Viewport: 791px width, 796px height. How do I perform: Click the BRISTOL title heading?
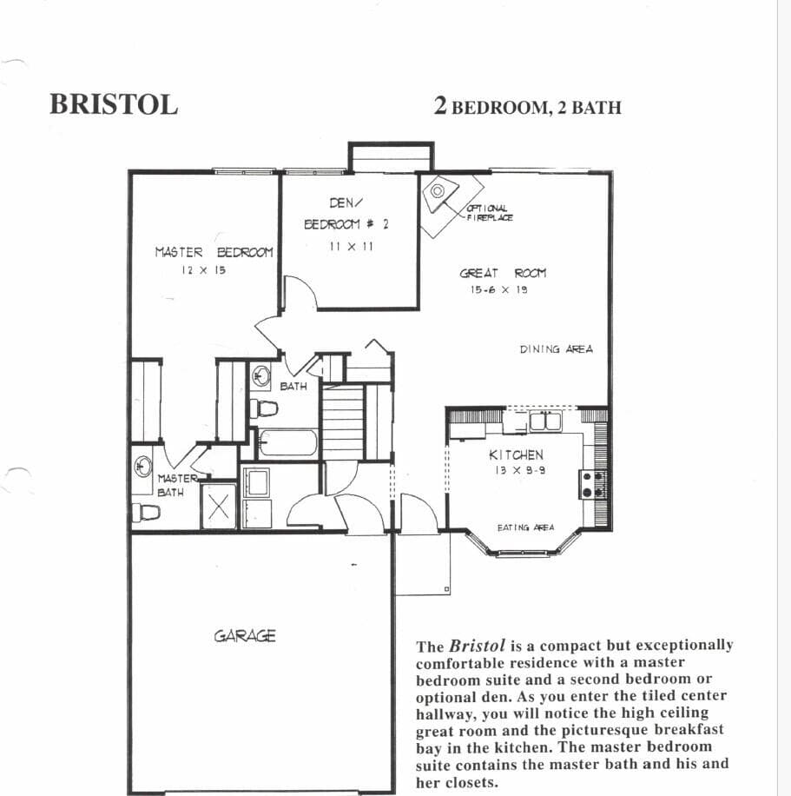click(114, 103)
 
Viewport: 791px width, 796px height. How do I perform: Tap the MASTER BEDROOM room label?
click(214, 252)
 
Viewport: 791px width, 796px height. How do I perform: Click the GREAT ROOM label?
click(503, 273)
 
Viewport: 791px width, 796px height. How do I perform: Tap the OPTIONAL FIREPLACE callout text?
click(490, 213)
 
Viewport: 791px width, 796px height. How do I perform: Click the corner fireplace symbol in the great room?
click(443, 193)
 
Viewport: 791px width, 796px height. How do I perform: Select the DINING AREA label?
click(556, 349)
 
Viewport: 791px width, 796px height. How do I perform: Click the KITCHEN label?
click(516, 454)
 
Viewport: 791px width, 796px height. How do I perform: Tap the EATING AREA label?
click(525, 527)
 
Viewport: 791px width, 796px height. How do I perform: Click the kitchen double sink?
click(544, 421)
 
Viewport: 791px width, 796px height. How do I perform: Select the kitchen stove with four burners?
click(592, 484)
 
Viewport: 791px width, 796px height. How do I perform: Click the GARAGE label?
click(245, 635)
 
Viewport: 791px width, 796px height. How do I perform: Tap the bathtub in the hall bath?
click(288, 443)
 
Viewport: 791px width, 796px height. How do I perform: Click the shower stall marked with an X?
click(219, 507)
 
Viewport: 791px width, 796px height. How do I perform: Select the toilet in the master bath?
click(147, 513)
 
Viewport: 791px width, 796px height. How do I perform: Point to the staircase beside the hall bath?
click(343, 421)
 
